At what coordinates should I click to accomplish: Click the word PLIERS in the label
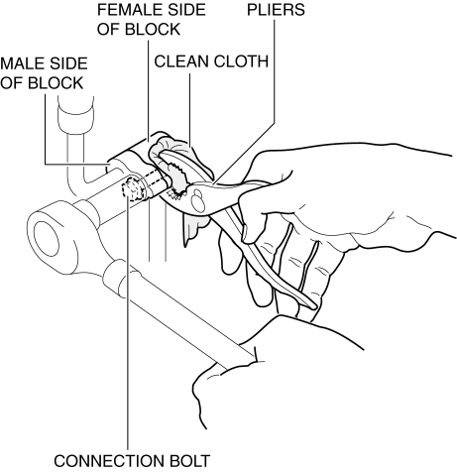[276, 10]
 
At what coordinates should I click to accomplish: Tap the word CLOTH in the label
[241, 61]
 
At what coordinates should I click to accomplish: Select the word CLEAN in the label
[181, 61]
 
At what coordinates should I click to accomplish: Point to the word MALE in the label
[21, 63]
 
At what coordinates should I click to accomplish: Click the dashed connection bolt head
[133, 189]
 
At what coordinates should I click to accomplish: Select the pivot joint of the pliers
[197, 199]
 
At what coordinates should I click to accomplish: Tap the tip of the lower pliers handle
[313, 306]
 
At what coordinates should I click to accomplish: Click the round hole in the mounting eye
[47, 239]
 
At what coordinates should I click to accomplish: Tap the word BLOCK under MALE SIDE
[56, 83]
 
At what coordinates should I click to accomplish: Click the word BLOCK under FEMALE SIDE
[153, 30]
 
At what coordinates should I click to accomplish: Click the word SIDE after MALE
[66, 63]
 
